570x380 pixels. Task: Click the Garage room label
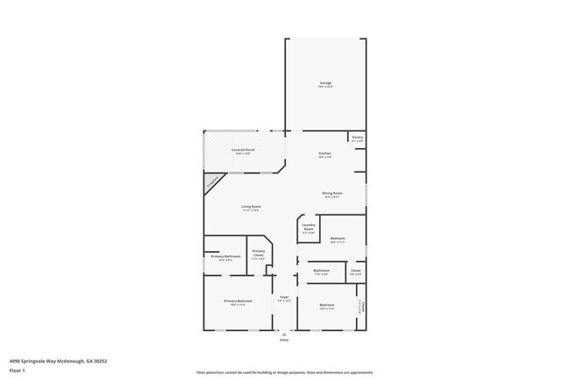click(325, 84)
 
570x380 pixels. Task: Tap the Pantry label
click(357, 137)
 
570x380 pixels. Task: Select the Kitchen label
click(324, 155)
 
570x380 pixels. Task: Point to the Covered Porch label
click(244, 151)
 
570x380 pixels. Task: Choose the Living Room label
click(251, 208)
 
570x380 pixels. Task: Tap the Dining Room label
click(331, 194)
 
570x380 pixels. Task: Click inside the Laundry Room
click(309, 228)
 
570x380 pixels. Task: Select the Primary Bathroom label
click(225, 257)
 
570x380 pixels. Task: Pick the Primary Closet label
click(259, 253)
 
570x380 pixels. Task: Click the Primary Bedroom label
click(238, 301)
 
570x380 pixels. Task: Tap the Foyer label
click(284, 299)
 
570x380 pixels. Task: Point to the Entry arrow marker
click(284, 334)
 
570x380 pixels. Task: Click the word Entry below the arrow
click(284, 340)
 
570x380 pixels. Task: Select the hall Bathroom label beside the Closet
click(322, 271)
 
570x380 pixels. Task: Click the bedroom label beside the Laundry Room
click(338, 239)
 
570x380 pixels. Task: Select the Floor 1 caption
click(17, 370)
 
